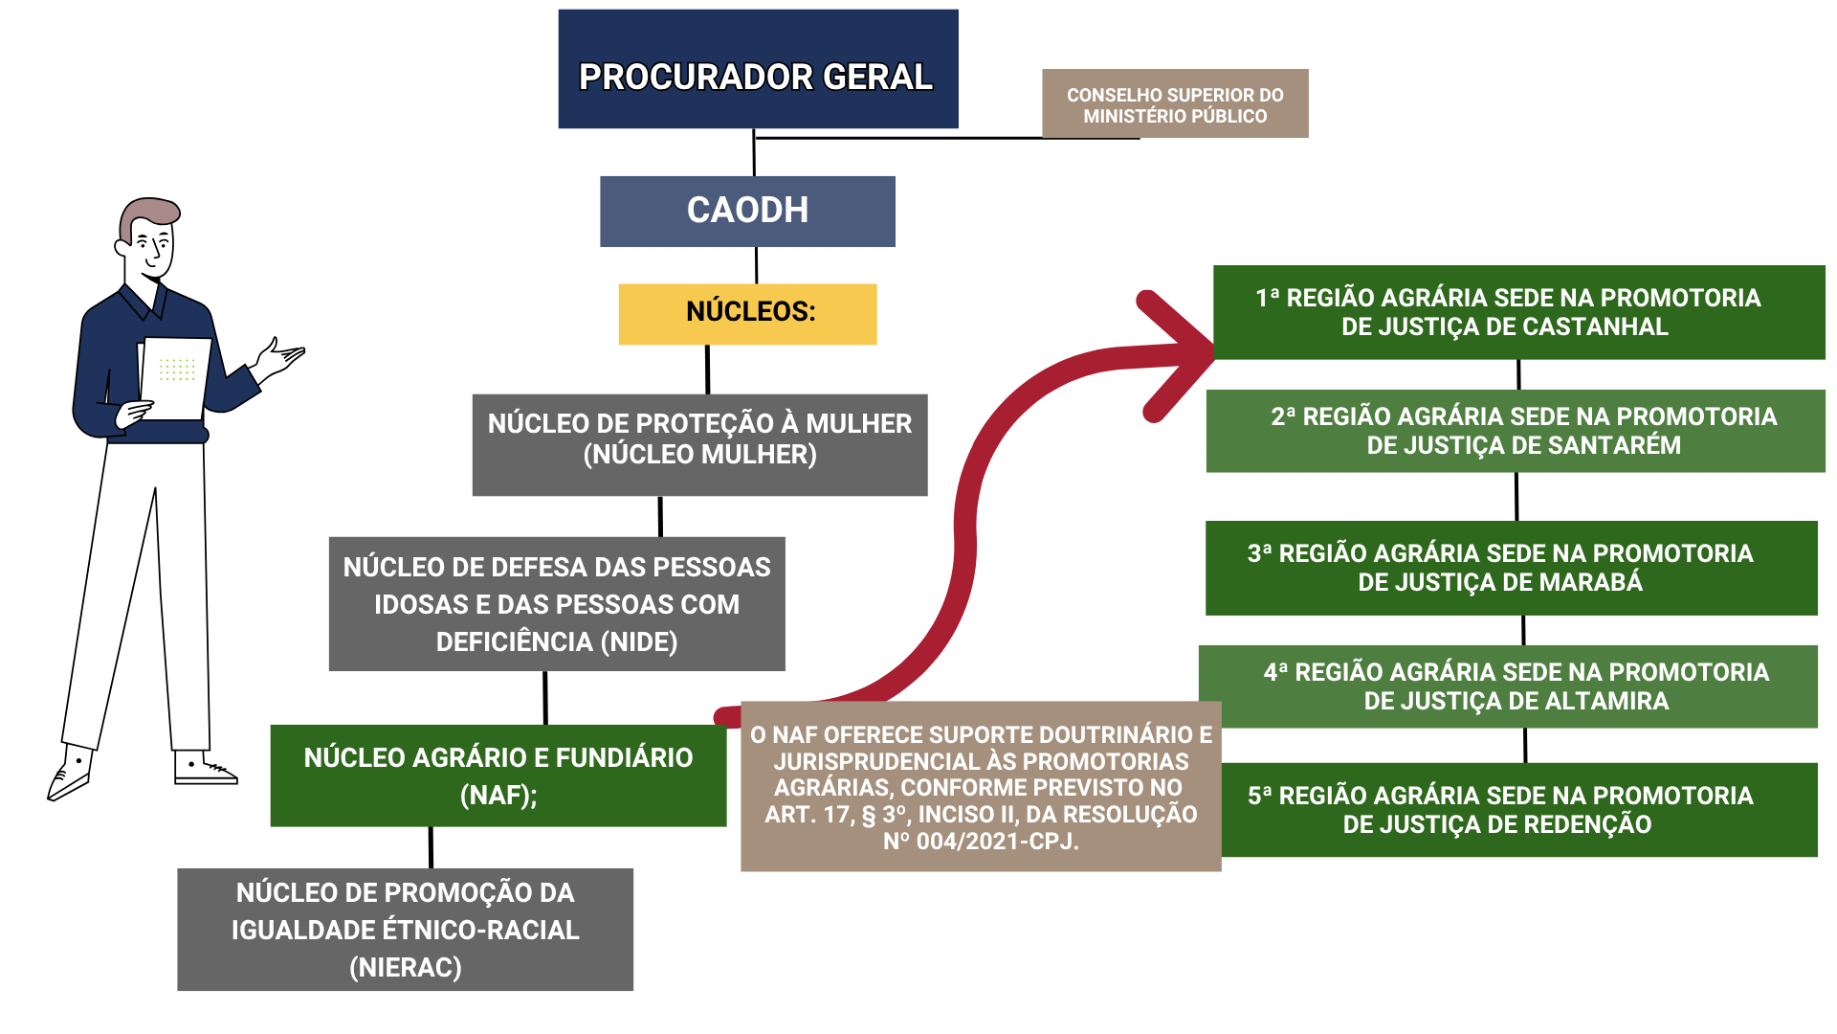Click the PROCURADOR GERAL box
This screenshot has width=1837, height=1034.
click(758, 69)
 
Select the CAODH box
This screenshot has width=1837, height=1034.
click(747, 212)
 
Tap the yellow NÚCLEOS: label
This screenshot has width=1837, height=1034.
click(747, 314)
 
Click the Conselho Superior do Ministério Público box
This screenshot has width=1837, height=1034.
click(1175, 103)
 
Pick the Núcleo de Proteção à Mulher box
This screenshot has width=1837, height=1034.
click(699, 445)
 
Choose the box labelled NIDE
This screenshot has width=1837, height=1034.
click(557, 604)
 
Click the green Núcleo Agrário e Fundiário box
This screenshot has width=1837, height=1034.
click(498, 775)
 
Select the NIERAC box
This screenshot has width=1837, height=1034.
click(405, 930)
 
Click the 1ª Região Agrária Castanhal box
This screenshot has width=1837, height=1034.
click(1519, 312)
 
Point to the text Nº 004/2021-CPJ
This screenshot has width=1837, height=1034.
click(981, 842)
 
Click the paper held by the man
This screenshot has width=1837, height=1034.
click(174, 378)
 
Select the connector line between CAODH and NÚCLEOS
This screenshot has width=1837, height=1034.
click(757, 265)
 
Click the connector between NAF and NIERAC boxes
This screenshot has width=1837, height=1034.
click(431, 847)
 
